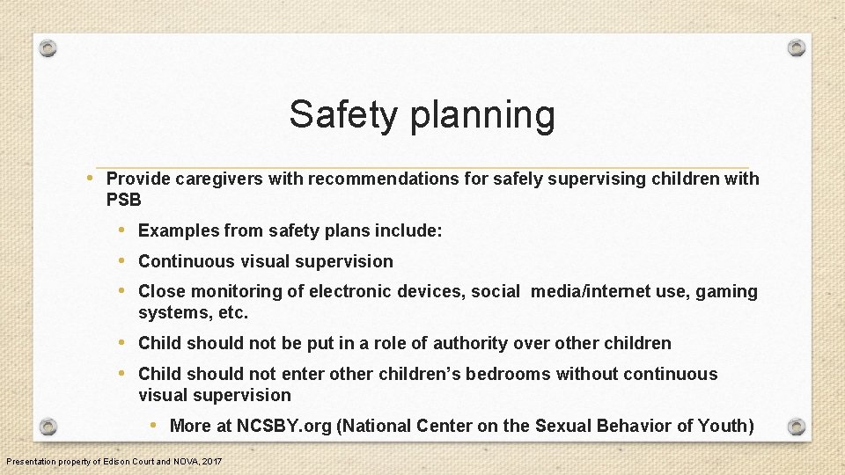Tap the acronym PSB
point(123,201)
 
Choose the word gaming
point(726,292)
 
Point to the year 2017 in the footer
point(212,462)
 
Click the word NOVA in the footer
point(184,462)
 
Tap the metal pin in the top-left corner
point(48,47)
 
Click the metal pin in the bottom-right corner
point(796,427)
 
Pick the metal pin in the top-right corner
point(796,47)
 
